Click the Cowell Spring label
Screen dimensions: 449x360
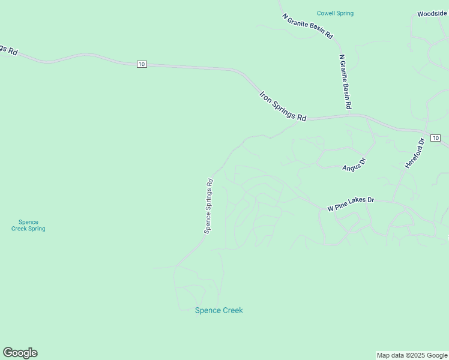pos(335,13)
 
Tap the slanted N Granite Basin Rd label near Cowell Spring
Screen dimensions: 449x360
pos(307,26)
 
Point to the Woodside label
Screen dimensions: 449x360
pos(433,13)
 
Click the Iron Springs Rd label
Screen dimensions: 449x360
pos(283,106)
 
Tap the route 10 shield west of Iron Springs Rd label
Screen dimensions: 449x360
pos(141,64)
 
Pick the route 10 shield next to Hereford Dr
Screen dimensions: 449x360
pos(435,138)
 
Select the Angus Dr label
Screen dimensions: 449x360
pos(354,164)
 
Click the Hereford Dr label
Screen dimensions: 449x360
pos(415,153)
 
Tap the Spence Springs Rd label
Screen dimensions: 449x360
pos(208,205)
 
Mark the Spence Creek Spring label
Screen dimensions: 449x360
pos(28,225)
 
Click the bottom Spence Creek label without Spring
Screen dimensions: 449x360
pos(219,310)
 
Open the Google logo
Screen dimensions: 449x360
pos(20,353)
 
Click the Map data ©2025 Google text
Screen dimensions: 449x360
pos(412,355)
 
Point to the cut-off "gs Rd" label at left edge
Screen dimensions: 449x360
pos(7,49)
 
